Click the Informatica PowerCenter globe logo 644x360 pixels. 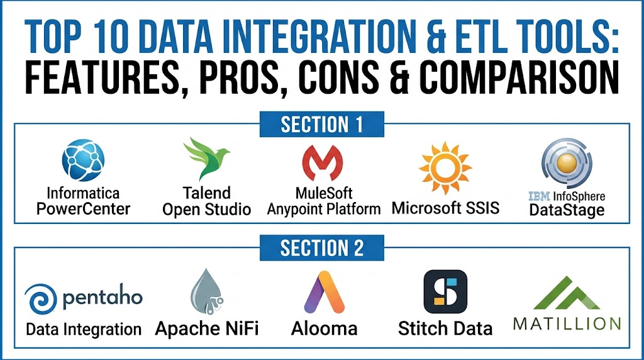click(x=83, y=160)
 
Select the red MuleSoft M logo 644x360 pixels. click(x=323, y=163)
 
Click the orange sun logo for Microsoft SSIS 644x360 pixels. click(x=445, y=167)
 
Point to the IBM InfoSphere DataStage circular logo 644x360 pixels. click(x=567, y=163)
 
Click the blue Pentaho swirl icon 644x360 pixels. click(x=41, y=299)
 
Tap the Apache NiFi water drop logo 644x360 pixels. click(x=206, y=292)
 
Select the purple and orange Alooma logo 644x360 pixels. click(x=325, y=292)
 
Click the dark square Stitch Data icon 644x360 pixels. click(x=445, y=291)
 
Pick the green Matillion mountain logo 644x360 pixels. click(x=567, y=293)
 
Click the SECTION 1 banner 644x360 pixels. click(x=322, y=124)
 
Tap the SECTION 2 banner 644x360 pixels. click(x=322, y=248)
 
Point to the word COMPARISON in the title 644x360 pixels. click(x=519, y=77)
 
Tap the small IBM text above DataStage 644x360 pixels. click(x=539, y=196)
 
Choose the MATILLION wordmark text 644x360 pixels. click(x=567, y=324)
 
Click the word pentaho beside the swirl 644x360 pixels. click(x=103, y=296)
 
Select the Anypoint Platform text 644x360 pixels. click(x=324, y=209)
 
